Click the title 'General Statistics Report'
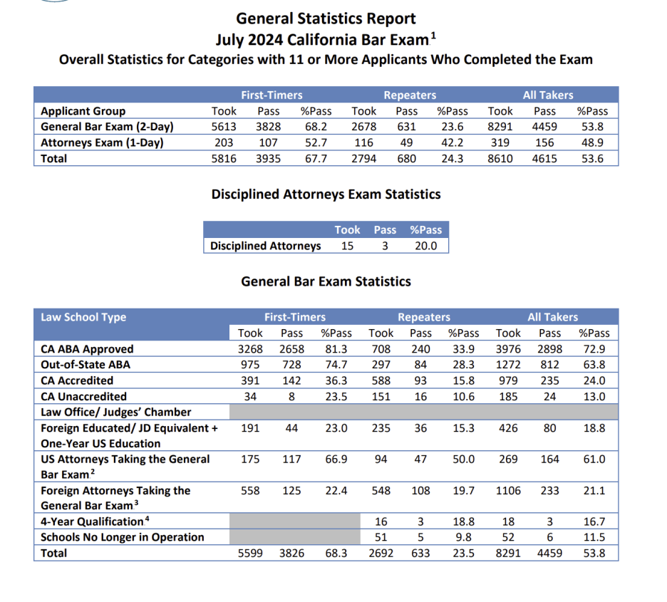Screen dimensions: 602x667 [x=326, y=19]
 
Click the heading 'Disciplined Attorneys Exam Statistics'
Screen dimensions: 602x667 [x=326, y=194]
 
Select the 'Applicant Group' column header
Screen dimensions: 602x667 [x=83, y=111]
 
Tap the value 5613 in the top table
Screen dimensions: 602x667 [x=224, y=127]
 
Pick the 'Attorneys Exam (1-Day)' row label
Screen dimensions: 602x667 [x=102, y=142]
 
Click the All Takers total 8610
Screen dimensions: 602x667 [x=500, y=159]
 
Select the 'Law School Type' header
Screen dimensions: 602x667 [x=83, y=317]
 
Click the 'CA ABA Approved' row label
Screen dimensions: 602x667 [x=87, y=349]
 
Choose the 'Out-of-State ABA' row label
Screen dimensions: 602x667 [x=86, y=365]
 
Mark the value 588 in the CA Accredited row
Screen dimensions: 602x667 [x=381, y=380]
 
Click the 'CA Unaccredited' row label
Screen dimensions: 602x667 [x=83, y=396]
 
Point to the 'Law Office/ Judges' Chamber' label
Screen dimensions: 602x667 [x=116, y=412]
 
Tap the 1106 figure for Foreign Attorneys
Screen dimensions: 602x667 [x=508, y=491]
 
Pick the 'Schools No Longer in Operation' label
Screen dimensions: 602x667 [x=123, y=537]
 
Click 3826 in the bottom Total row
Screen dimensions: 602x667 [x=292, y=553]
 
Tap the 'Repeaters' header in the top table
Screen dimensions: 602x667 [x=410, y=95]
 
